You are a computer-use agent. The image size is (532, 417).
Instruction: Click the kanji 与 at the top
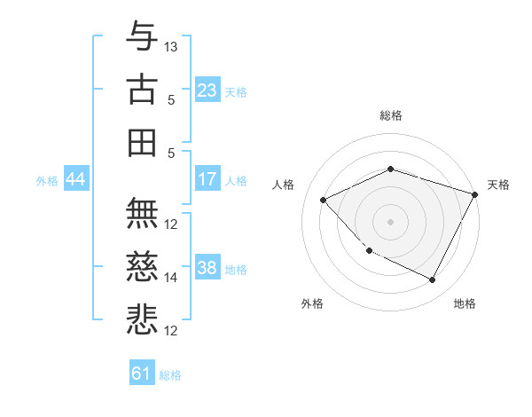click(142, 38)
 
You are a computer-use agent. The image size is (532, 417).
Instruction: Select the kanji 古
click(142, 90)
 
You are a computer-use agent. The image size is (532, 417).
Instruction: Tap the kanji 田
click(142, 142)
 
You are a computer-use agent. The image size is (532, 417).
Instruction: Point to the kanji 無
click(142, 214)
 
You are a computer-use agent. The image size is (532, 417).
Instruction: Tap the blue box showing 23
click(207, 90)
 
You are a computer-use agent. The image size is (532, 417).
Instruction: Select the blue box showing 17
click(207, 179)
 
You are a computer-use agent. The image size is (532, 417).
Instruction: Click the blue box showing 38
click(207, 268)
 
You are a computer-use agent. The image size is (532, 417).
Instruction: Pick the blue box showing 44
click(75, 179)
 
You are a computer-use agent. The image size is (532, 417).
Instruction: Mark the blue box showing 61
click(142, 374)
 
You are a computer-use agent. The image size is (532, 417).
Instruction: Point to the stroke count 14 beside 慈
click(171, 277)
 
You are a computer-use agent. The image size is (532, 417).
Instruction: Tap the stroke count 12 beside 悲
click(171, 330)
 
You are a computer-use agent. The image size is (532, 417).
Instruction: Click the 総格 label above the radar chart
click(391, 115)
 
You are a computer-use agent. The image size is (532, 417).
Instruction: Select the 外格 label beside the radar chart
click(312, 303)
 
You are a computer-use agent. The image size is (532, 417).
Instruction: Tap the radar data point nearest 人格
click(324, 200)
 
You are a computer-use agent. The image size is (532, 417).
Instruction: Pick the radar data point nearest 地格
click(433, 280)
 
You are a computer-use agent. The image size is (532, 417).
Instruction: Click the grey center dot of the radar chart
click(391, 222)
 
